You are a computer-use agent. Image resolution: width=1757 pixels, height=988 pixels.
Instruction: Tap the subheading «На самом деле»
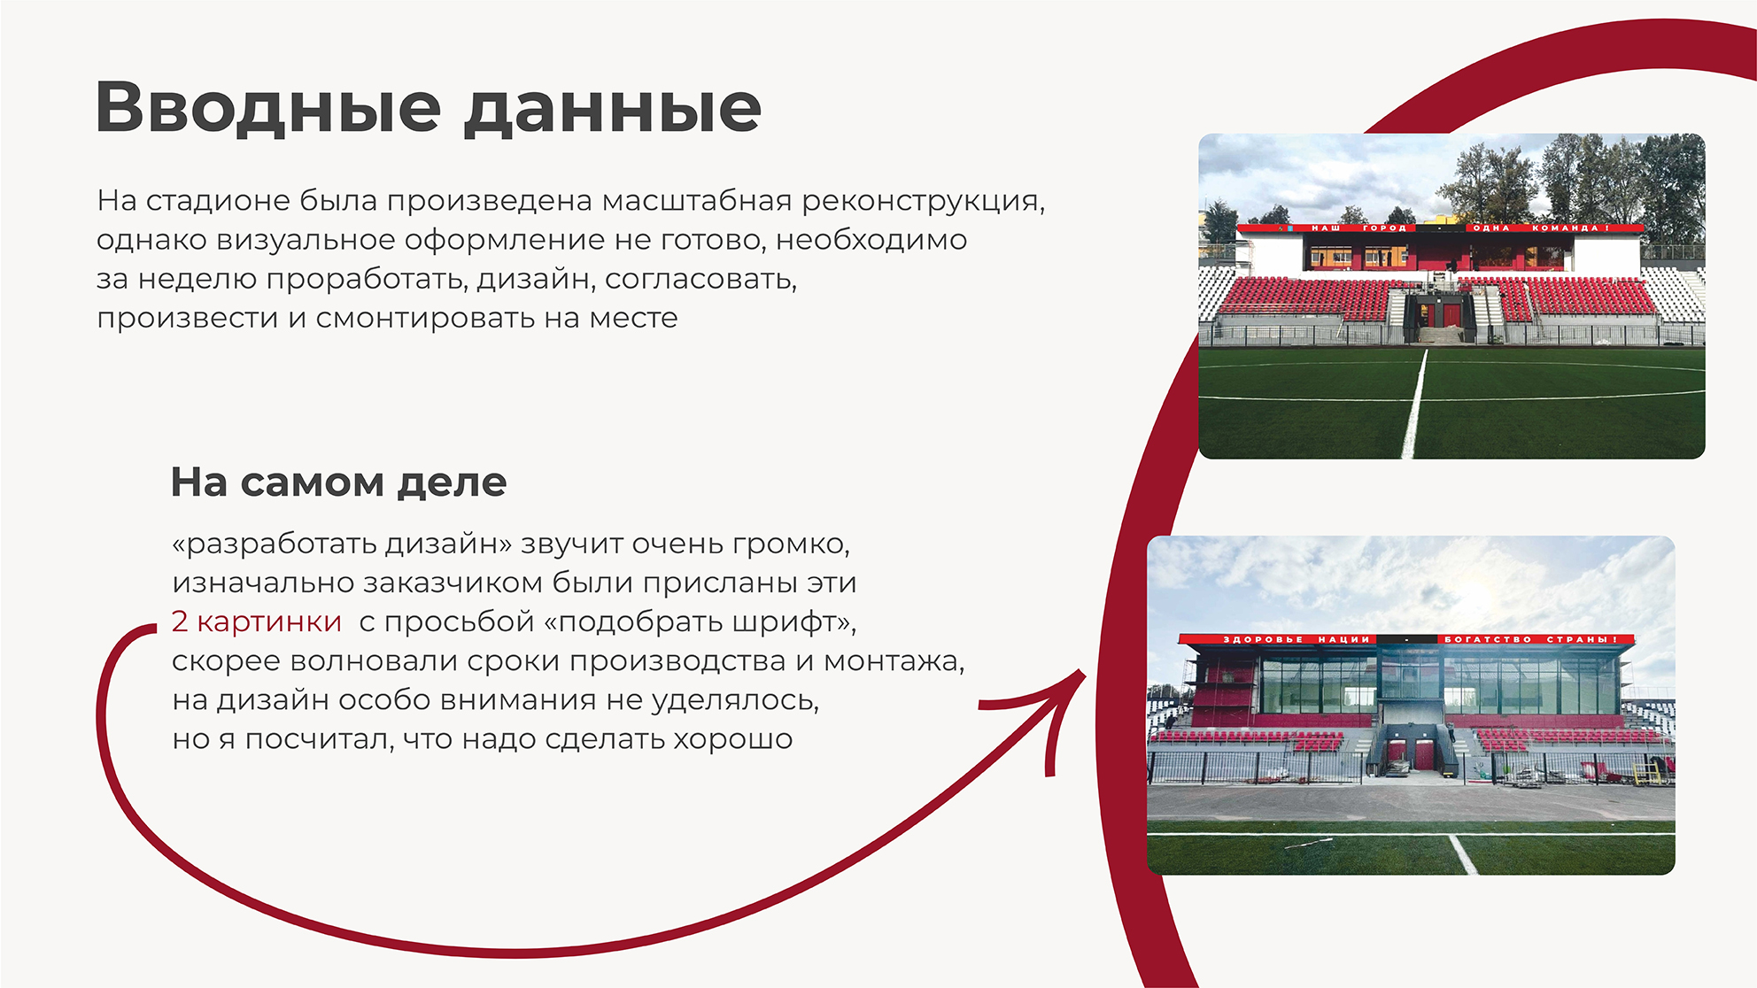(x=338, y=483)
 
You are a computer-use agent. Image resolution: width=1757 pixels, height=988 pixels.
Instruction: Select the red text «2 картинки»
(x=257, y=621)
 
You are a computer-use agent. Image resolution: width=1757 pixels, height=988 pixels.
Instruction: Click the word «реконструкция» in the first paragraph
(x=923, y=202)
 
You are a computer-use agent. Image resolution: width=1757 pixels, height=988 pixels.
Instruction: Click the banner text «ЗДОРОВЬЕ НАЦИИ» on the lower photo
(x=1296, y=639)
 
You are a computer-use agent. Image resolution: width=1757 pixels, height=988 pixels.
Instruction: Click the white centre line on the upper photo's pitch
(x=1415, y=403)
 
